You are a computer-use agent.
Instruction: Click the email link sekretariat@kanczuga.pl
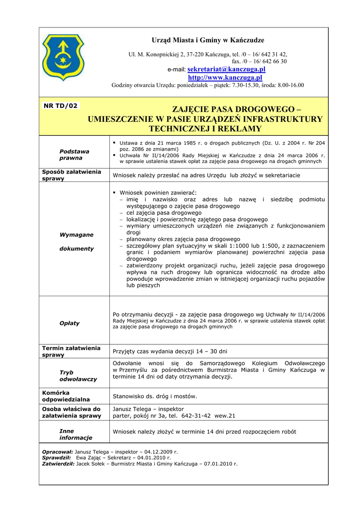(226, 70)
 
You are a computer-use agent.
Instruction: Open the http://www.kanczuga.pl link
(225, 78)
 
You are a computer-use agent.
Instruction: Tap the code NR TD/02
(61, 106)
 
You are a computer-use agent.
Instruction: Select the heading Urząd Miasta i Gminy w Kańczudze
(208, 40)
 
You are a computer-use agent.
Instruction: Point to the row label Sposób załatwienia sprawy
(72, 175)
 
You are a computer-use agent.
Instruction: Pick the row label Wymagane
(77, 235)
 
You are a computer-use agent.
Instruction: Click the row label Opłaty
(70, 323)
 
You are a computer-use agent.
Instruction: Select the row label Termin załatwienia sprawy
(72, 351)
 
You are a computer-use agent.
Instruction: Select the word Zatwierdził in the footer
(58, 463)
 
